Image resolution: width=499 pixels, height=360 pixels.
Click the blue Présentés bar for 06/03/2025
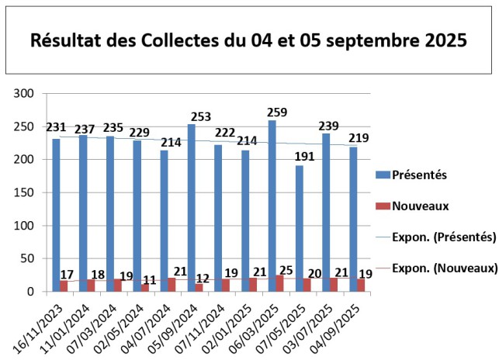click(272, 206)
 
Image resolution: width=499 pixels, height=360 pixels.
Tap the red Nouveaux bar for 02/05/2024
click(145, 288)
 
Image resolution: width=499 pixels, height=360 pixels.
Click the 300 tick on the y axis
click(24, 94)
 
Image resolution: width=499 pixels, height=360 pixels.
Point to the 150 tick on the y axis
click(24, 192)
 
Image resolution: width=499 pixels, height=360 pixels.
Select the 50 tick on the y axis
click(27, 258)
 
